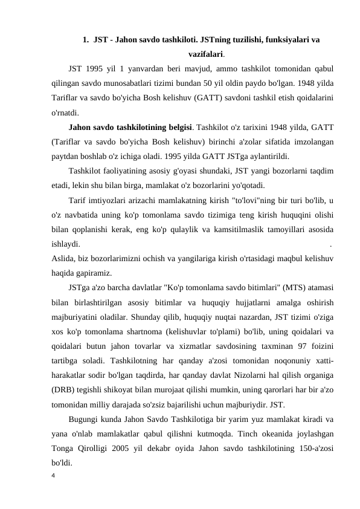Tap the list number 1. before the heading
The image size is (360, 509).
(x=85, y=41)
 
